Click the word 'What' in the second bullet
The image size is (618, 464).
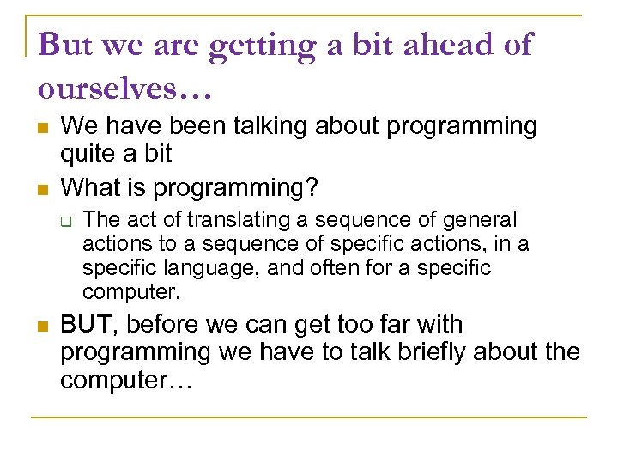[x=89, y=186]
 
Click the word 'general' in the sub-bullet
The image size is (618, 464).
[x=483, y=220]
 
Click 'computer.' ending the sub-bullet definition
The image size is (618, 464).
[x=131, y=292]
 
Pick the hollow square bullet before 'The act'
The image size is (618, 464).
[x=70, y=222]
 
